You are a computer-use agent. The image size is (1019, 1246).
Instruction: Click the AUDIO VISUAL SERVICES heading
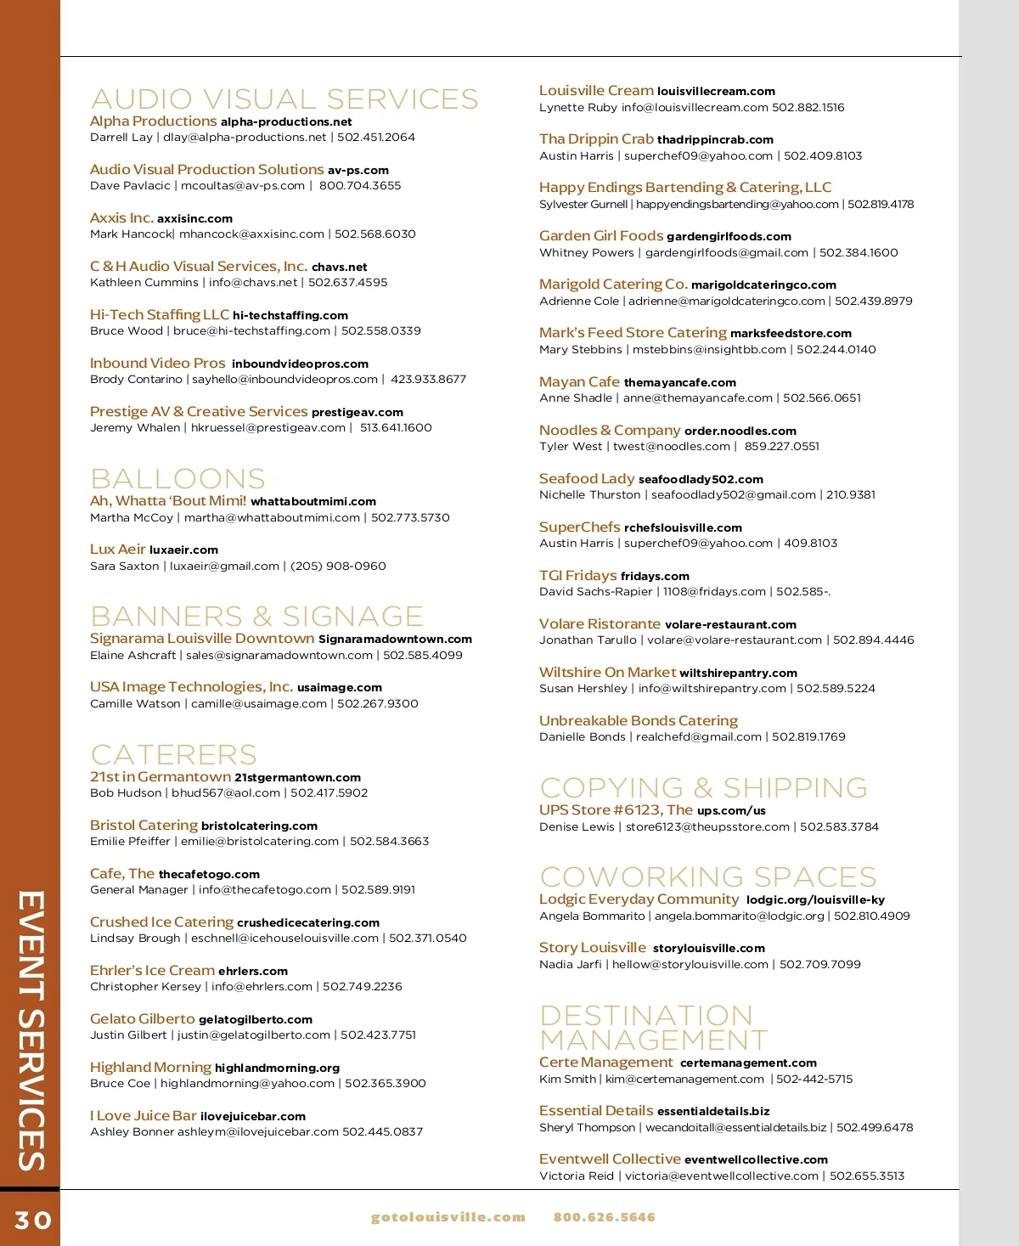click(284, 99)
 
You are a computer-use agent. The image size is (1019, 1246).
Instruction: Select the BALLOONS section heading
click(177, 479)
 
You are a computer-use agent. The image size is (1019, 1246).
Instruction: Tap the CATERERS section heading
click(173, 755)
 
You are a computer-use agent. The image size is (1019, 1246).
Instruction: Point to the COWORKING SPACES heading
click(708, 877)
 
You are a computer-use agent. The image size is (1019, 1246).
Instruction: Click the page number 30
click(33, 1221)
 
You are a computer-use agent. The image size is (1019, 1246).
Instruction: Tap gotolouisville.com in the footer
click(448, 1217)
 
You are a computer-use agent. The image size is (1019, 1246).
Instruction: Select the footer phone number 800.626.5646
click(605, 1217)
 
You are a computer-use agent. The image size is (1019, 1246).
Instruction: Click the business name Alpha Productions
click(154, 121)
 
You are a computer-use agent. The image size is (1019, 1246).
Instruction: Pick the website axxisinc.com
click(194, 219)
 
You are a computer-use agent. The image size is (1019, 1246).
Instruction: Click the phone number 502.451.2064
click(376, 138)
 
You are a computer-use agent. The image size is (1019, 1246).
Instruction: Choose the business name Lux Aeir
click(118, 550)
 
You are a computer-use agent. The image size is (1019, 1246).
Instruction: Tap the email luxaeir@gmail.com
click(224, 567)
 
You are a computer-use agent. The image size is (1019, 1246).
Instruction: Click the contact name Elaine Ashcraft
click(132, 656)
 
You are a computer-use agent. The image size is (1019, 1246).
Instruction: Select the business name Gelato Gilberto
click(143, 1019)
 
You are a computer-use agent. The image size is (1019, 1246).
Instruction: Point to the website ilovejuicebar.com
click(253, 1117)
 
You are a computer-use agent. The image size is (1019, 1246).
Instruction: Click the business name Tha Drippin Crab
click(596, 139)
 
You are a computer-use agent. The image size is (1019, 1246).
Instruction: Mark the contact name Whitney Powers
click(587, 253)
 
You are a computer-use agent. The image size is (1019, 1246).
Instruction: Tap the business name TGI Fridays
click(578, 576)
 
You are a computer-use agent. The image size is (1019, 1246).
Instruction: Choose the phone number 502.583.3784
click(839, 827)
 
